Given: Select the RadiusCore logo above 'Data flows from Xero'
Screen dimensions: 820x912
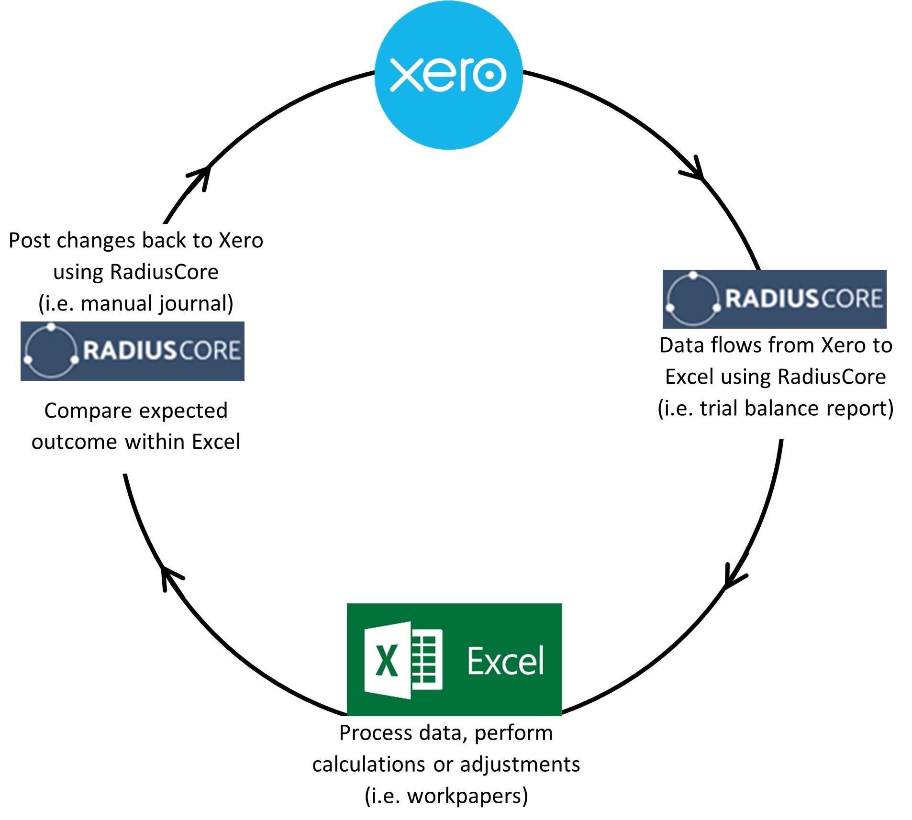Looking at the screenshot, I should (774, 299).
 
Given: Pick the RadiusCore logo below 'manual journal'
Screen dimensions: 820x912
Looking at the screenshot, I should (132, 351).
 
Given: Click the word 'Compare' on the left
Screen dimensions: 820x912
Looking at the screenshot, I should (79, 410).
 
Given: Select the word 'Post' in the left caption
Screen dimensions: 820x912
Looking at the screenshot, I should (29, 240).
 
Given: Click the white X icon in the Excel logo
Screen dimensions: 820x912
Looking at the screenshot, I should (387, 661).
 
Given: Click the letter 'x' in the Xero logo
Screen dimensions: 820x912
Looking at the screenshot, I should (407, 75).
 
